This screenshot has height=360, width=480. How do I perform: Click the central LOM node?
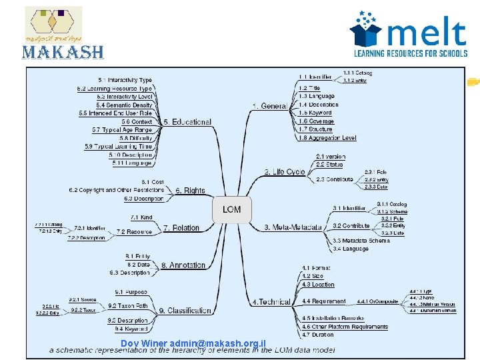(x=232, y=209)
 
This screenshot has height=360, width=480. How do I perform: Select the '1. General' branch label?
(x=269, y=105)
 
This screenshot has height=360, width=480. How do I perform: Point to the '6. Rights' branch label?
(x=191, y=191)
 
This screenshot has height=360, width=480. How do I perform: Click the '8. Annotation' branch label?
(x=187, y=265)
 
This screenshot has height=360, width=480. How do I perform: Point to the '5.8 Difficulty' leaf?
(x=138, y=138)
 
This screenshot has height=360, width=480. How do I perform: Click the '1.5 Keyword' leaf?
(x=315, y=113)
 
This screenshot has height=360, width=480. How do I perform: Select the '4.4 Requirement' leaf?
(x=324, y=301)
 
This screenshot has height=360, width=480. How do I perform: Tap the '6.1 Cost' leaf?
(x=153, y=182)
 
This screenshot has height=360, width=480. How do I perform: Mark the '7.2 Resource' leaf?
(x=134, y=231)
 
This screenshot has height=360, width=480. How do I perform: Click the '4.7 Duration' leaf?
(x=317, y=335)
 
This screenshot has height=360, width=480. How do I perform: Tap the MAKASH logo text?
(x=64, y=52)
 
